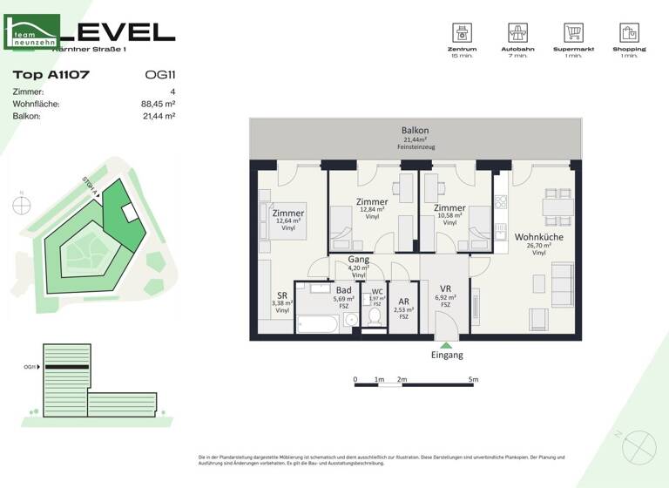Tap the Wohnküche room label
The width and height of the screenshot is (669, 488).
coord(538,236)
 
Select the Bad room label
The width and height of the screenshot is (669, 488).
coord(343,289)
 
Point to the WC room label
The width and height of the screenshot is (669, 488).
coord(377,293)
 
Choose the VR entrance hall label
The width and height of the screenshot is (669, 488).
coord(444,289)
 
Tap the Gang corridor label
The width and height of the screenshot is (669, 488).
coord(358,260)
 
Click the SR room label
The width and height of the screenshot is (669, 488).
coord(281,295)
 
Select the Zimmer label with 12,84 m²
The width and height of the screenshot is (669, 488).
coord(372,202)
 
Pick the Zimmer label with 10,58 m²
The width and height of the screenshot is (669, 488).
coord(449,208)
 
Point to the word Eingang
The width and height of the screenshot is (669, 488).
coord(447,356)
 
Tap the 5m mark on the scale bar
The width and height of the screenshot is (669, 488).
coord(473,380)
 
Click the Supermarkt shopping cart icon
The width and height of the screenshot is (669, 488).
coord(573,33)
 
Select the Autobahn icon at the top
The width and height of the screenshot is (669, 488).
coord(519,33)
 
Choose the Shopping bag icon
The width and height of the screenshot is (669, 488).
coord(629,33)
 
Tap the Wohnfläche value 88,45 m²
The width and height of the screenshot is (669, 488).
coord(159,103)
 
